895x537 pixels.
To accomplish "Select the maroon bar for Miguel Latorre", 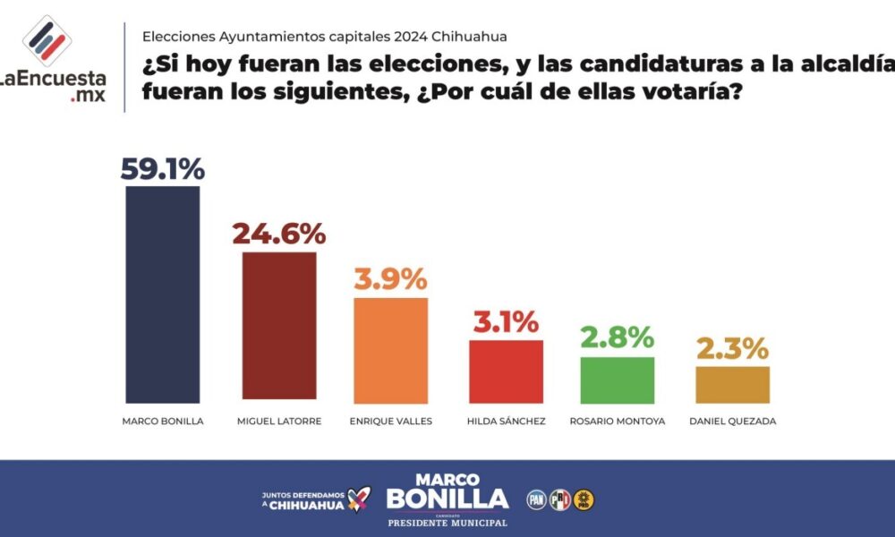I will point(278,326).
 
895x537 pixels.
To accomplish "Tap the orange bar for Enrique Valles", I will point(391,349).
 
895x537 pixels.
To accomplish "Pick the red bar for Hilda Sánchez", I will point(507,371).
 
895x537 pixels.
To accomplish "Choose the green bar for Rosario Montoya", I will point(618,379).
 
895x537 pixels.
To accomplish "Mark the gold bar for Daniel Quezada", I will point(732,384).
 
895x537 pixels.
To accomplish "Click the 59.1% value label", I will point(163,168).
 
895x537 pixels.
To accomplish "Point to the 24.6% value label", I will point(278,234).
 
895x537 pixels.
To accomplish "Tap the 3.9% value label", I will point(391,279).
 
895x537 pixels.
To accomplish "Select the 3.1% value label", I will point(507,322).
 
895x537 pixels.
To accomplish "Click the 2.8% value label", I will point(618,339).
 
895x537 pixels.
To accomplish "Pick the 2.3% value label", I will point(732,348).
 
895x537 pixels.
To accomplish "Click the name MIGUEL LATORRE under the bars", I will point(278,421).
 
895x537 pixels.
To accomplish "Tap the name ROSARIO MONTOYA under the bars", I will point(618,421).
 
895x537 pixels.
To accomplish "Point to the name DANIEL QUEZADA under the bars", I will point(732,421).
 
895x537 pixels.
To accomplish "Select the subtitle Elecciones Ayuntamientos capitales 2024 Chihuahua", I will point(324,37).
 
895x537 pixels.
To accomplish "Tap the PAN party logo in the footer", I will point(536,499).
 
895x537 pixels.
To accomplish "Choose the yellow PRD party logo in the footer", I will point(584,499).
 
